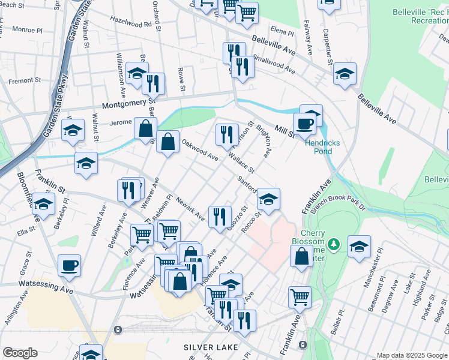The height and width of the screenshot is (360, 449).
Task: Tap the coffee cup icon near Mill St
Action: click(x=304, y=124)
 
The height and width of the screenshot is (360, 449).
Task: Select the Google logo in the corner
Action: click(x=20, y=353)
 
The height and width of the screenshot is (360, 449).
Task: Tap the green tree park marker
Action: click(x=335, y=245)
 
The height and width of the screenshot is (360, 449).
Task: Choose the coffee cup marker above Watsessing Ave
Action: click(x=69, y=265)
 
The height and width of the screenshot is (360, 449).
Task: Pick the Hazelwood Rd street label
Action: click(x=131, y=22)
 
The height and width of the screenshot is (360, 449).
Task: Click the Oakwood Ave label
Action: click(x=200, y=149)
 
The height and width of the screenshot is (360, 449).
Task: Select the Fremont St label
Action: click(x=25, y=80)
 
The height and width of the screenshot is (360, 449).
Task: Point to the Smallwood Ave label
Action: click(x=274, y=65)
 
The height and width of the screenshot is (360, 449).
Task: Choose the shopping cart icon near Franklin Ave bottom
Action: click(x=298, y=296)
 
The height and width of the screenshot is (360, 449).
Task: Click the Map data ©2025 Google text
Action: click(x=412, y=355)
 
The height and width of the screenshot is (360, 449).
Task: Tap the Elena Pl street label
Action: click(x=282, y=30)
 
